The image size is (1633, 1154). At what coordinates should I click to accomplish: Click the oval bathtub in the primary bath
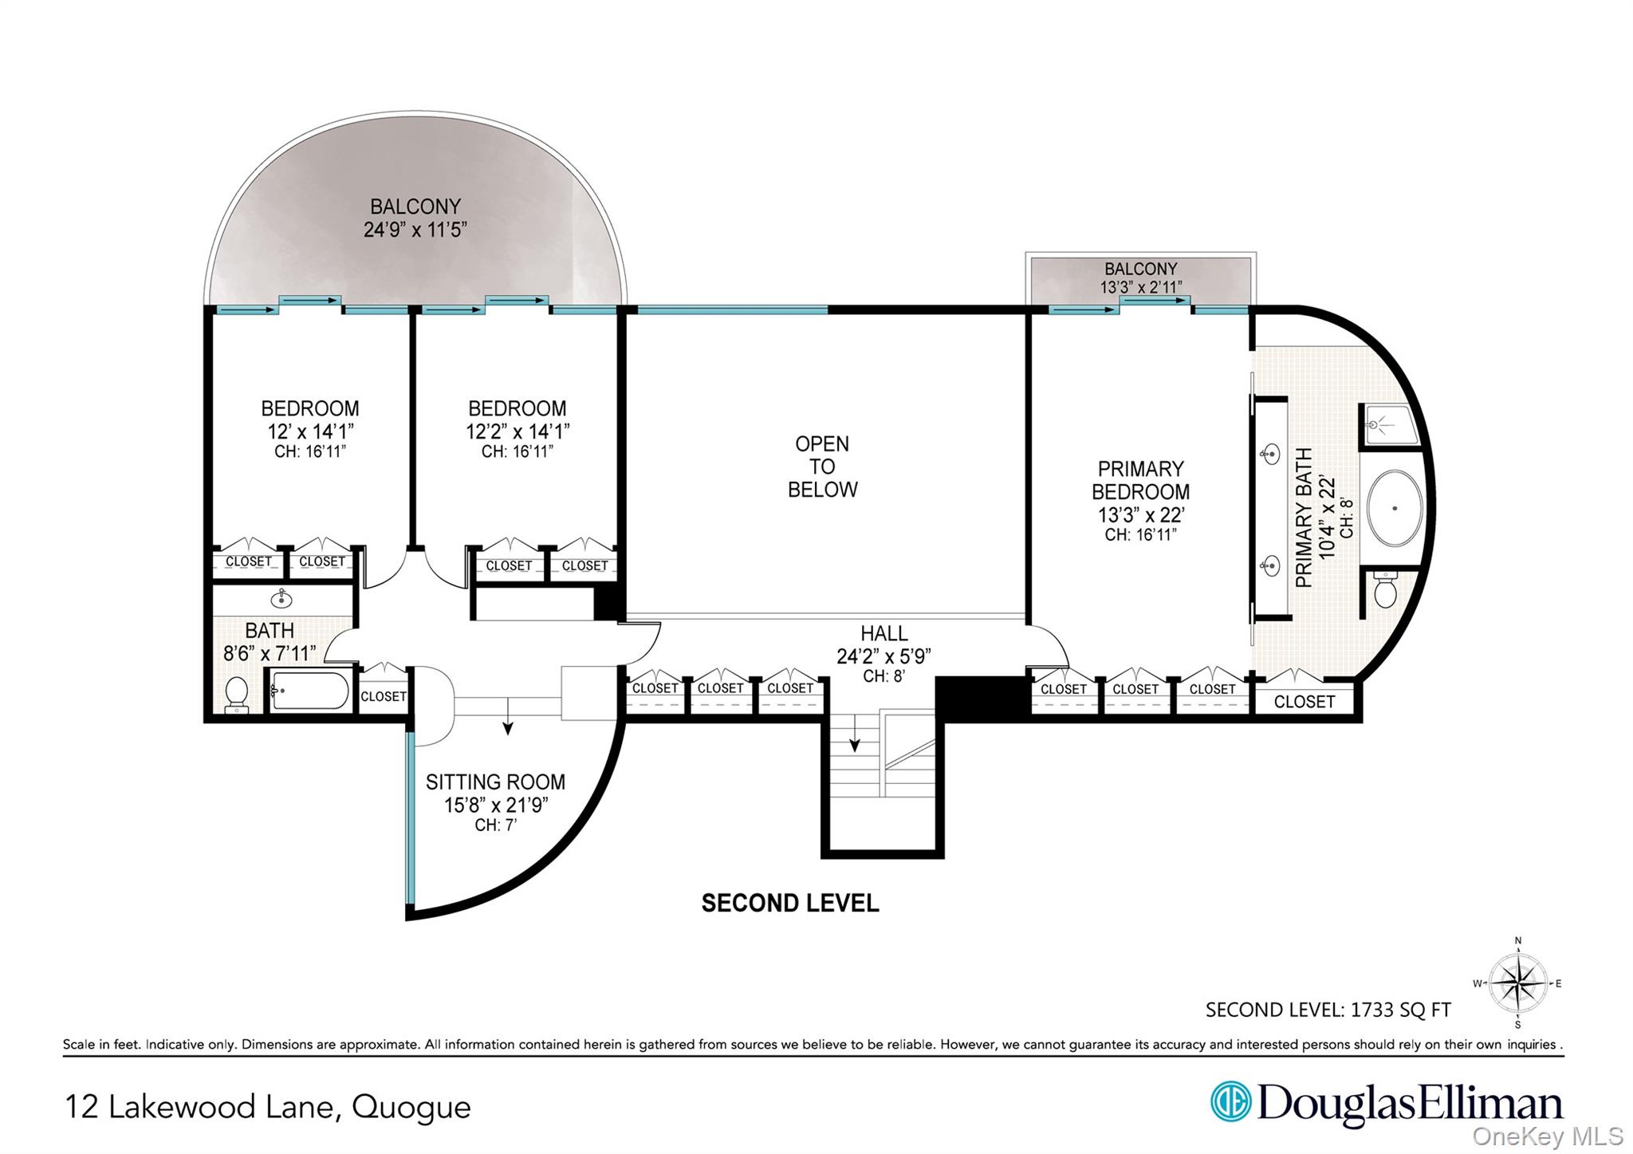click(x=1395, y=507)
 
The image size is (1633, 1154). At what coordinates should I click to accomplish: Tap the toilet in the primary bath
click(x=1386, y=589)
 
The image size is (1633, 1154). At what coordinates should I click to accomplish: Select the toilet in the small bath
click(x=237, y=694)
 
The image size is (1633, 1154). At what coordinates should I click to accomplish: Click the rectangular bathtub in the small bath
click(x=309, y=691)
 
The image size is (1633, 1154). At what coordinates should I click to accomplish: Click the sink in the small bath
click(x=281, y=597)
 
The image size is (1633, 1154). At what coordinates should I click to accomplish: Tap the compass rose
click(x=1518, y=983)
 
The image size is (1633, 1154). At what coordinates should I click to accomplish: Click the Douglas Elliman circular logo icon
click(x=1231, y=1102)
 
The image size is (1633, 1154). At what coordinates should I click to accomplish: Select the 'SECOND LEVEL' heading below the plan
click(x=790, y=903)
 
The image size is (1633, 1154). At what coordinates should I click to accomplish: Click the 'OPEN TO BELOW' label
click(x=822, y=467)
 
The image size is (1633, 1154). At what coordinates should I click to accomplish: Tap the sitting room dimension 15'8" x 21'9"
click(x=495, y=805)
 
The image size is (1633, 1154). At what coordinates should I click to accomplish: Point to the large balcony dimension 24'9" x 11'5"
click(x=415, y=230)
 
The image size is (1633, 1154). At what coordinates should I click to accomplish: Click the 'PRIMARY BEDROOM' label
click(x=1140, y=480)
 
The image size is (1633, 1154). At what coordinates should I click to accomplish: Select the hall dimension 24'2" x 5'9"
click(x=883, y=656)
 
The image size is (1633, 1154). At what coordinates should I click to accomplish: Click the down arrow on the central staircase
click(x=855, y=734)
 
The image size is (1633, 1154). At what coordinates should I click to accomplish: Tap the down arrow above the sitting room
click(x=508, y=716)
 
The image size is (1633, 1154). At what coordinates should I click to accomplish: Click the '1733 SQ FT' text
click(x=1400, y=1010)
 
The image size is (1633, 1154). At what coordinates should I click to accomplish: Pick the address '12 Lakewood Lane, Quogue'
click(x=268, y=1107)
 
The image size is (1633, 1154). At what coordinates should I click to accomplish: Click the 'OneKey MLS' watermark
click(x=1548, y=1136)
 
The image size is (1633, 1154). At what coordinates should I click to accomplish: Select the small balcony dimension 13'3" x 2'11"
click(x=1141, y=287)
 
